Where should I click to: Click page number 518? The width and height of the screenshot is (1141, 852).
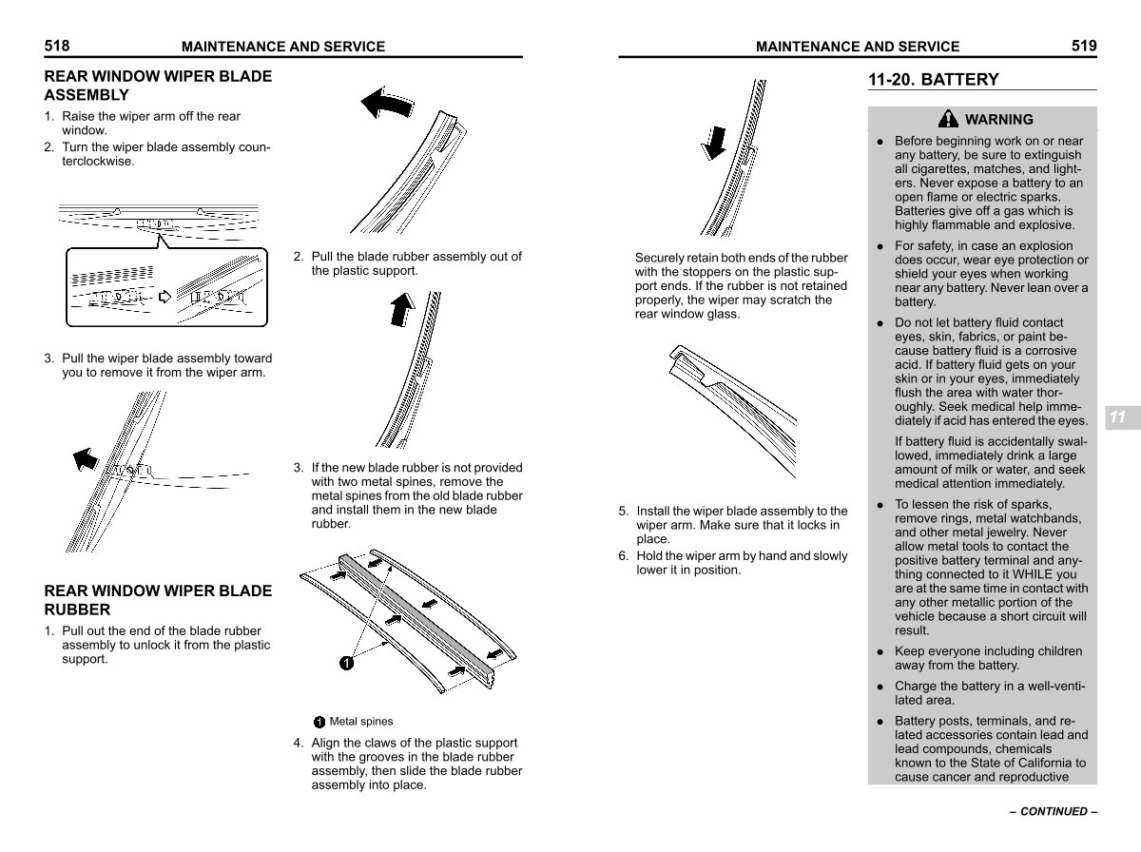pos(57,45)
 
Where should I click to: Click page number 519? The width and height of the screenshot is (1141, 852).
pos(1084,45)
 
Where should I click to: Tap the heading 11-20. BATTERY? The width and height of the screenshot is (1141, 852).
pos(933,80)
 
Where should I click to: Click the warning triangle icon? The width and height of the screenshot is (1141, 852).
pos(948,119)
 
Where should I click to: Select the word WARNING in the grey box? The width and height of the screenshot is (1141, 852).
pos(998,120)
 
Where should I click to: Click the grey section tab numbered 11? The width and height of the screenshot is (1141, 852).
pos(1117,417)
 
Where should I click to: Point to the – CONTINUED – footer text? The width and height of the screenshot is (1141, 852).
pos(1053,812)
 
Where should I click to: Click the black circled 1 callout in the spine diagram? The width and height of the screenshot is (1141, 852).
pos(347,663)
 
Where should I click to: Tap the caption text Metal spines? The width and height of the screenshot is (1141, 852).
pos(360,722)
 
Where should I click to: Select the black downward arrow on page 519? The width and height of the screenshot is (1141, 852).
pos(713,141)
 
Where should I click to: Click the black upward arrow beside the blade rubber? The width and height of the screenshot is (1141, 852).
pos(403,308)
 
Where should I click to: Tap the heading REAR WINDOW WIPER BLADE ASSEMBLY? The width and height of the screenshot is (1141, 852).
pos(158,86)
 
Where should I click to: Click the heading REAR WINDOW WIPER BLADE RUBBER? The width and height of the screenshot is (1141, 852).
pos(158,600)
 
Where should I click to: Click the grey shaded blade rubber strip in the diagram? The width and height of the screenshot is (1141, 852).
pos(418,618)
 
